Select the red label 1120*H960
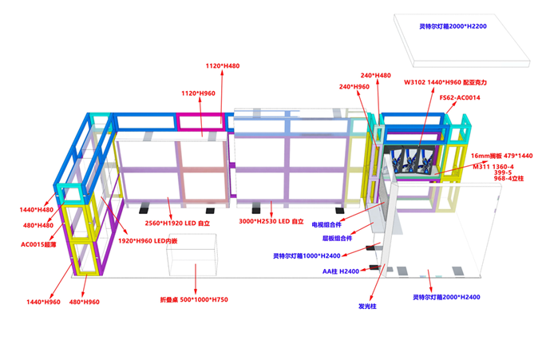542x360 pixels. pos(199,93)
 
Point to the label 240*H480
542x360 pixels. pos(376,75)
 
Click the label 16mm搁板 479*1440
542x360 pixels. pos(501,155)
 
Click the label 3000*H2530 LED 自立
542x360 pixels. pos(271,220)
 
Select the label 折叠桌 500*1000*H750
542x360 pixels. pos(194,299)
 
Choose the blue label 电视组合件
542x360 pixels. pos(331,225)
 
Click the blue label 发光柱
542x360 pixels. pos(368,305)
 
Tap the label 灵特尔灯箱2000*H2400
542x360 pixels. pos(446,297)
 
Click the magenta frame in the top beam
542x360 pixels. pos(201,121)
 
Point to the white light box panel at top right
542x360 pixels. pos(452,42)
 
